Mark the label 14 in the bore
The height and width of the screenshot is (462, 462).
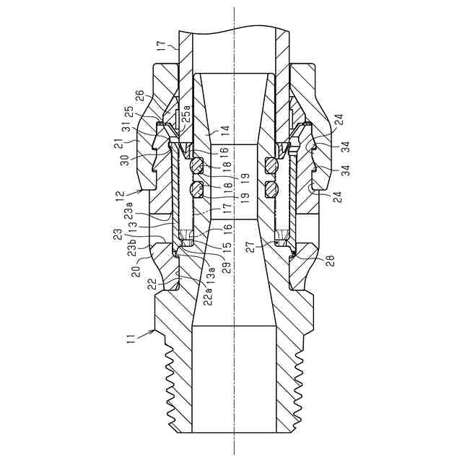(225, 130)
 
